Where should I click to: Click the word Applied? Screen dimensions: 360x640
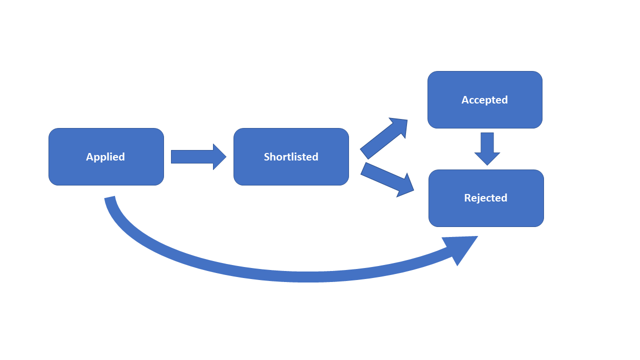pos(105,157)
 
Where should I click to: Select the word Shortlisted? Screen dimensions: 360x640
pos(291,157)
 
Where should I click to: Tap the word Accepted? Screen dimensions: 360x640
pos(484,100)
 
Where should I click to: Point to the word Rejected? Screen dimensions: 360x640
pos(485,198)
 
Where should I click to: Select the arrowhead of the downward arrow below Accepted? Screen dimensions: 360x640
pos(487,158)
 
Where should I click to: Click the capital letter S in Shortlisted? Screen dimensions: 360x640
pos(266,157)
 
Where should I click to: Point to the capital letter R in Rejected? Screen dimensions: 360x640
pos(467,198)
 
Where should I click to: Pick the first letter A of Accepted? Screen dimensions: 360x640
pos(464,100)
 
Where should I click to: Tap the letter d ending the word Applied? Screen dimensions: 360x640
pos(121,157)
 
